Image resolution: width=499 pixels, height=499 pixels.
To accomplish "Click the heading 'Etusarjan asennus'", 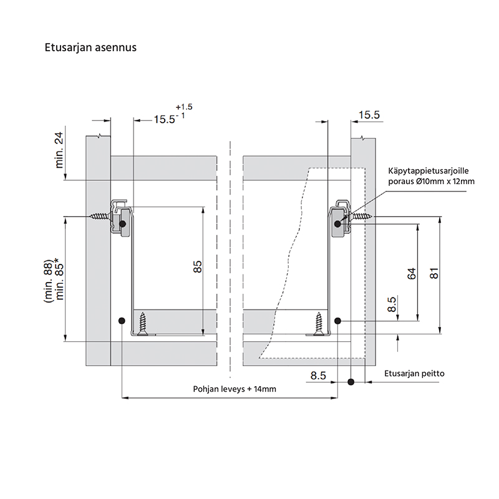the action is (90, 47).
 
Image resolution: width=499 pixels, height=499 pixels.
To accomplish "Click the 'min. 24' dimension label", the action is (59, 150).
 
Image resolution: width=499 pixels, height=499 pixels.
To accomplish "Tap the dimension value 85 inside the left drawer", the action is (197, 267).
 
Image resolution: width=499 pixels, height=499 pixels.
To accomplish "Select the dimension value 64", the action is (412, 274).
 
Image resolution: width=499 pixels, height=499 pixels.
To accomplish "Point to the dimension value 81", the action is (434, 274).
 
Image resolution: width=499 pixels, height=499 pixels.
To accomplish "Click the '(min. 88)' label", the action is (48, 281).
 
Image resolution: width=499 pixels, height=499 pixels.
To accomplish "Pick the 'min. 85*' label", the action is (59, 281).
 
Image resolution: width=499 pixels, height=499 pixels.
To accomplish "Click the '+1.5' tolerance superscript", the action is (184, 107).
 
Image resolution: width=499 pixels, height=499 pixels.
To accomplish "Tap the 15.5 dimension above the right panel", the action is (369, 115).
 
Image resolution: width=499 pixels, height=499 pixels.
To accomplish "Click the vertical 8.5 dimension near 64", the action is (392, 304).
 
